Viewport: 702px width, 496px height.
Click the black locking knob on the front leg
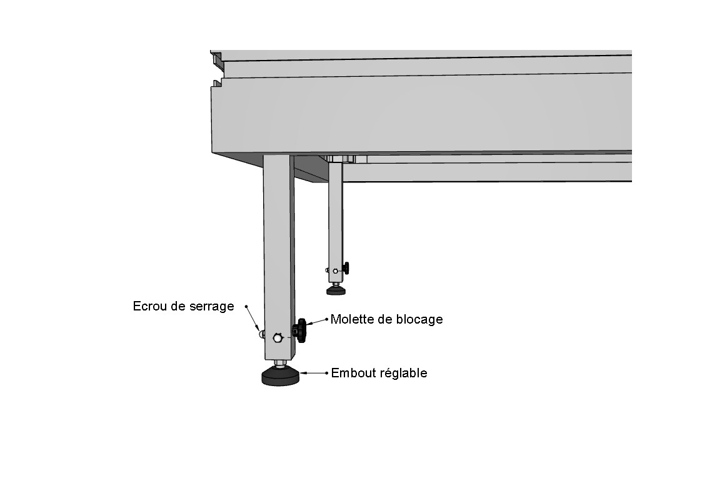point(299,330)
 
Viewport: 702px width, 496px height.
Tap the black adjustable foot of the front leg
point(280,376)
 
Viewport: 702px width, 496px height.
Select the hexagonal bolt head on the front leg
point(278,338)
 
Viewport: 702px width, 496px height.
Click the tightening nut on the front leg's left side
point(261,334)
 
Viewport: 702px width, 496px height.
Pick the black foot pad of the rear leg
point(336,290)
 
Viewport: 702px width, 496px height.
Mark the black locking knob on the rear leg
point(346,269)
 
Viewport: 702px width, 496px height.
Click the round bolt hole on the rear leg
point(335,271)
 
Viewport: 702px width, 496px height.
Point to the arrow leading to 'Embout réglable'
point(314,372)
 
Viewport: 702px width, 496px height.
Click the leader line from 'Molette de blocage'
point(318,322)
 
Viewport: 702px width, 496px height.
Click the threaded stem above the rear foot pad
point(336,284)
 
